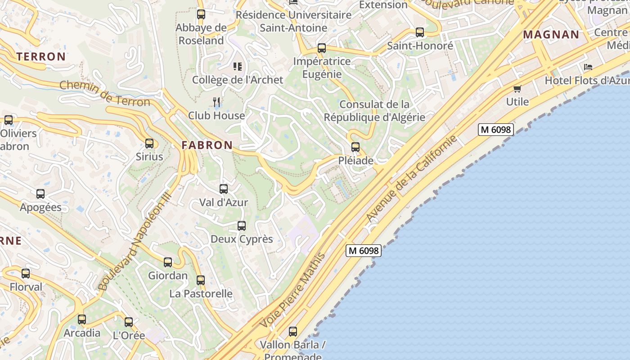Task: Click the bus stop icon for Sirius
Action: click(149, 144)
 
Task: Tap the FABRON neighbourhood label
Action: click(207, 145)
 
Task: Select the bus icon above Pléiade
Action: click(355, 147)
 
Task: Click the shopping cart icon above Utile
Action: click(517, 89)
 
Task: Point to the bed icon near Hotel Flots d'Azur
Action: click(588, 67)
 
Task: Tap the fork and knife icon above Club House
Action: click(216, 102)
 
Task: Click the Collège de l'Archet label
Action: click(238, 80)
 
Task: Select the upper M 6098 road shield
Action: click(495, 130)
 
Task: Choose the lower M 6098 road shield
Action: click(363, 251)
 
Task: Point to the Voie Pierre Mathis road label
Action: click(292, 291)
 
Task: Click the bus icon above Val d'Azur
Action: click(224, 189)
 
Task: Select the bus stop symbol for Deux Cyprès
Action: click(242, 225)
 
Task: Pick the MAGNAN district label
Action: click(551, 35)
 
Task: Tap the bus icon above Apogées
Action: click(40, 194)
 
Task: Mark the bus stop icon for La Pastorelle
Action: click(201, 280)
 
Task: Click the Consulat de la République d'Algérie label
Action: click(374, 111)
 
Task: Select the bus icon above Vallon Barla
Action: click(293, 332)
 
